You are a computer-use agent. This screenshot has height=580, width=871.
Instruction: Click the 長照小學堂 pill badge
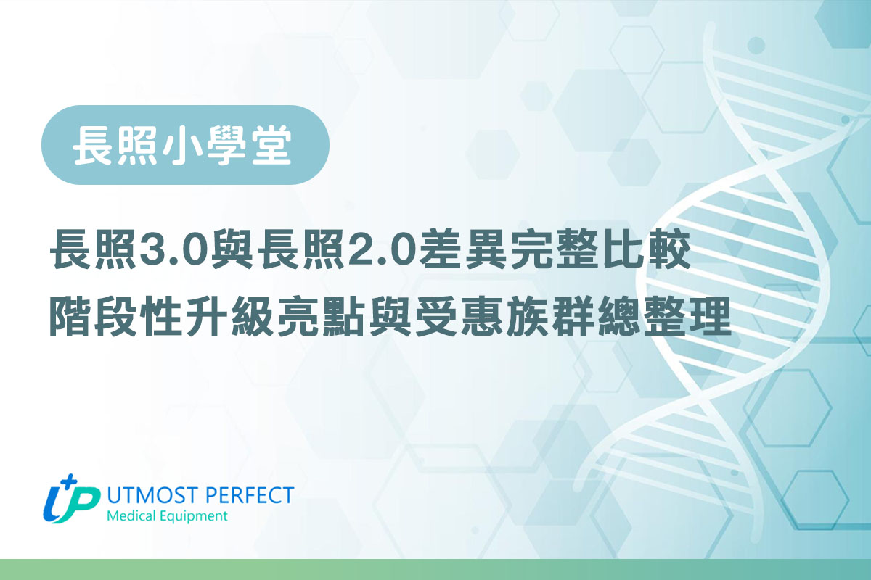tap(185, 145)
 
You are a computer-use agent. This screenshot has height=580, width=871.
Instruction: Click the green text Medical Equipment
tap(166, 516)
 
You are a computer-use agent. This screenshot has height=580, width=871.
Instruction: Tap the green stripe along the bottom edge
tap(435, 569)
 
